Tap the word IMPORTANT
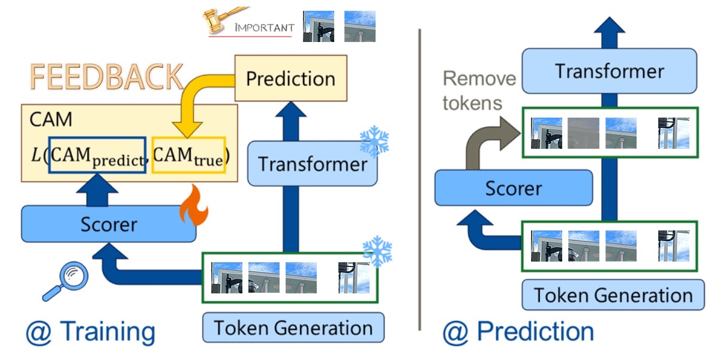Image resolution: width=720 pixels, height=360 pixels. coord(264,28)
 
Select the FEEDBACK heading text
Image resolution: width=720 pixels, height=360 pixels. coord(107,77)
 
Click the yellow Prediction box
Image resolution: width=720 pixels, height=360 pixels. coord(290,78)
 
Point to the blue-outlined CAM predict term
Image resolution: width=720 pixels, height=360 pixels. coord(97,155)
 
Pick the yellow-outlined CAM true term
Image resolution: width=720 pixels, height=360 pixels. coord(188,155)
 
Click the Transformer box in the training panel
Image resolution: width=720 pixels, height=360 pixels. coord(313,164)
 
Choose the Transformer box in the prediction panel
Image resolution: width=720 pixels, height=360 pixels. coord(609,71)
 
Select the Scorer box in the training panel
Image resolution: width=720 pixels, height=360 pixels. coord(109,224)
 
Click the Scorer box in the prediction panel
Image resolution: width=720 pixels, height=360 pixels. coord(513,188)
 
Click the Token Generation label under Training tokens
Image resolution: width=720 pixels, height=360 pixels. coord(293,328)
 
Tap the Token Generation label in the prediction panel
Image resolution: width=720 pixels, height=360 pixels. coord(613,295)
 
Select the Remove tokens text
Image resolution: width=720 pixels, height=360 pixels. coord(478,90)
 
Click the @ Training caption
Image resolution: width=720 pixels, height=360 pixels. coord(90,331)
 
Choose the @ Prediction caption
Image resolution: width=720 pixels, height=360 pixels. coord(518,331)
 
